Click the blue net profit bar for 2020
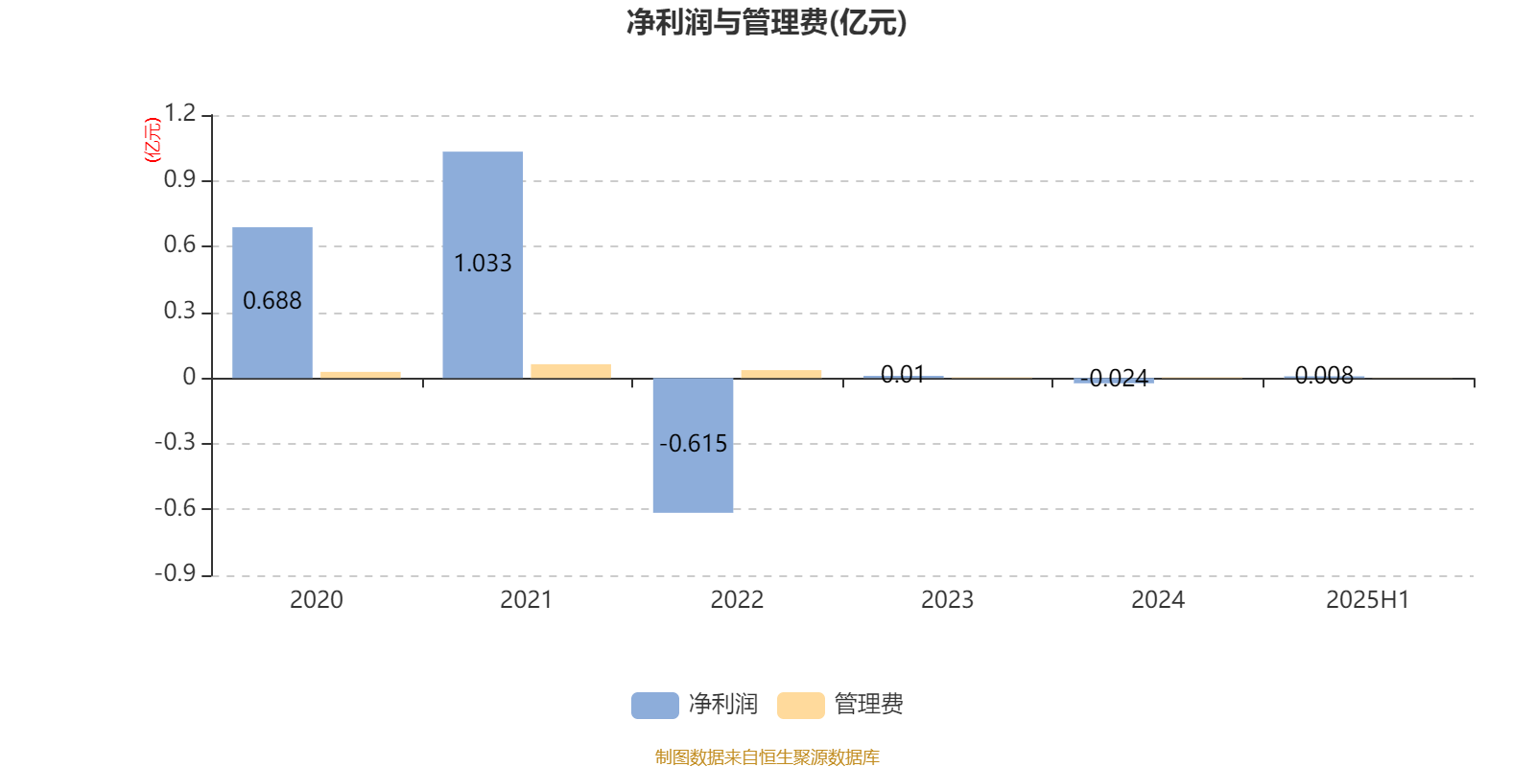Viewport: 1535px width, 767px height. [272, 303]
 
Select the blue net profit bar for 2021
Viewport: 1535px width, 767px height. [483, 265]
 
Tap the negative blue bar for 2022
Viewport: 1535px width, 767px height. [693, 445]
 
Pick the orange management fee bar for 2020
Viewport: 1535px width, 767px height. [361, 375]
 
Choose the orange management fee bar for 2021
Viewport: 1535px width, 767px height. [571, 371]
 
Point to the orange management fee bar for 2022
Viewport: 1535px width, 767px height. [781, 374]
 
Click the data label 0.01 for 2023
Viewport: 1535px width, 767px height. [903, 375]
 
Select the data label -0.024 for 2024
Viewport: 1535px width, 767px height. [1114, 378]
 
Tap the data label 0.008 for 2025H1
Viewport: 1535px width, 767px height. [1324, 375]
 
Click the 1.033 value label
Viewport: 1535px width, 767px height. [483, 263]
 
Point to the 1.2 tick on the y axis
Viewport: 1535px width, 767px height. [179, 113]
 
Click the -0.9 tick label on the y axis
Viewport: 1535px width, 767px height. [176, 573]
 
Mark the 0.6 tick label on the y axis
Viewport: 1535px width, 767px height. [179, 244]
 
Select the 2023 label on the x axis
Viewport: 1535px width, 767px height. [947, 600]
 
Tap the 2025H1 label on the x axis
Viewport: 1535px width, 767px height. [1368, 600]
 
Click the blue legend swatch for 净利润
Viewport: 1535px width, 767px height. [655, 706]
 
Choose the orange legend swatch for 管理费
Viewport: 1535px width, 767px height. [800, 706]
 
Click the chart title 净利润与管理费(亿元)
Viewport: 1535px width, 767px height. [767, 23]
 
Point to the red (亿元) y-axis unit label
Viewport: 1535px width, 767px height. [153, 140]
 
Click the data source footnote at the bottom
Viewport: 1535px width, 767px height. [767, 756]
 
